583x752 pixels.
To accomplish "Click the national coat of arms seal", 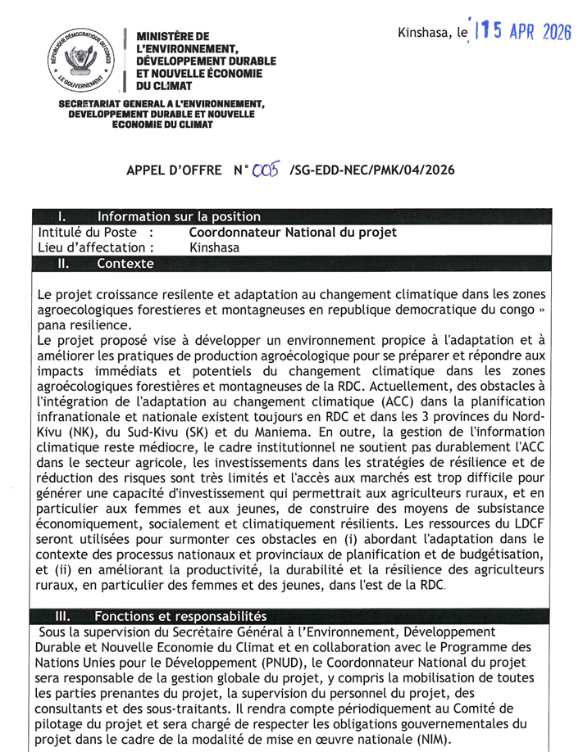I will point(80,61).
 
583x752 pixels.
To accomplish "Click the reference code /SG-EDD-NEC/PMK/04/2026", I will point(372,171).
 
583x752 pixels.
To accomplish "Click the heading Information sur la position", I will point(179,217).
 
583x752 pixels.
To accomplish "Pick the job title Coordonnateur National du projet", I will point(293,233).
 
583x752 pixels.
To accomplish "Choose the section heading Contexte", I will point(125,264).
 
